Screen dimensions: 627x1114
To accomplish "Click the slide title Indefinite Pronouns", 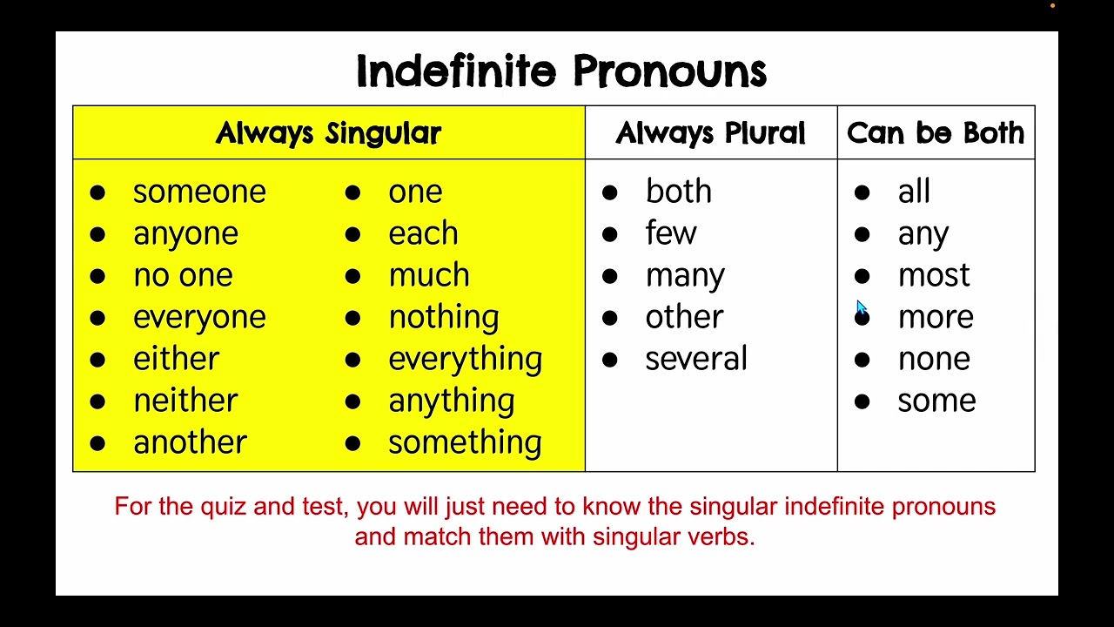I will [x=561, y=71].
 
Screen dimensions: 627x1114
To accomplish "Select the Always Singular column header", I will [x=328, y=133].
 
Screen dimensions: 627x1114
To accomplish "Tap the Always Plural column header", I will [x=710, y=133].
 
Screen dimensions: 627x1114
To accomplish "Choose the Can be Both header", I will [x=936, y=133].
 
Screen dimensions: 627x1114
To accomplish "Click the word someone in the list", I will [x=199, y=192].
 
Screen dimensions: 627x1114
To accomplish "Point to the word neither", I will [x=185, y=401].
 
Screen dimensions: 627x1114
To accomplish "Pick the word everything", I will [x=465, y=359].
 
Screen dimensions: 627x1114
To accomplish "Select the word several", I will [x=695, y=359].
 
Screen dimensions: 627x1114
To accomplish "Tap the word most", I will [x=933, y=275].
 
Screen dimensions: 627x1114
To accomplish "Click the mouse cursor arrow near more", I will [x=860, y=307].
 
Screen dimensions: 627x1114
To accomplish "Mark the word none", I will [x=933, y=359].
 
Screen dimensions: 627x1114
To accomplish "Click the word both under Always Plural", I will [x=678, y=192].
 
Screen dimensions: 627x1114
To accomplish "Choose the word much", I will [x=428, y=275].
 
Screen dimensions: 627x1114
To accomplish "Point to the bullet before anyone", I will [x=97, y=234].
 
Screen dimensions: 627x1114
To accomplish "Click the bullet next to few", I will [x=609, y=234].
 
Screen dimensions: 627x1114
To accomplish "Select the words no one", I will [x=183, y=275].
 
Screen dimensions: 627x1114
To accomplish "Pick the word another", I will [x=190, y=442].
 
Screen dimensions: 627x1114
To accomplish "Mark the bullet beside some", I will [x=862, y=401].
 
